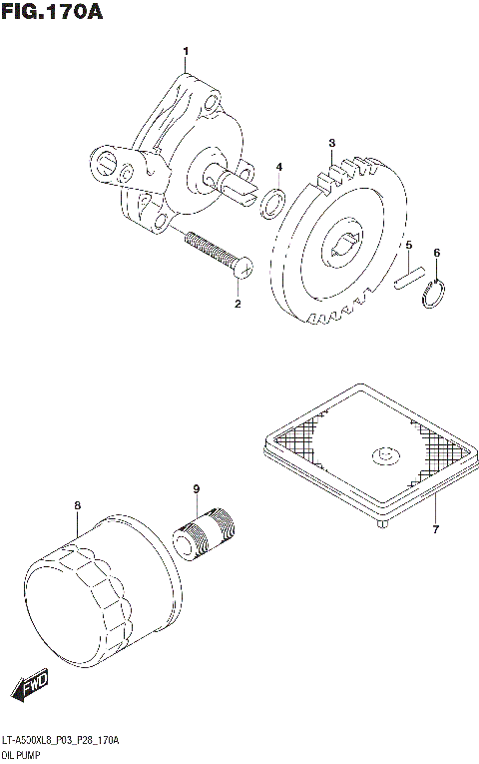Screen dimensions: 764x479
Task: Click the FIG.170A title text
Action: pos(53,13)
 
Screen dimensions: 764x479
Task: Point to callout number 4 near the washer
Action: pos(278,167)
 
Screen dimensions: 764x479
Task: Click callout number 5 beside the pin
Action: pos(408,245)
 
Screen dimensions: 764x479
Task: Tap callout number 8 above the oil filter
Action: pos(77,506)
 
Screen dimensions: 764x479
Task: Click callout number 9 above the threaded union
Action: pos(197,488)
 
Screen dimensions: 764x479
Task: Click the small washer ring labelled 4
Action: pos(271,205)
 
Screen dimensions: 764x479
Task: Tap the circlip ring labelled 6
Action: pos(434,295)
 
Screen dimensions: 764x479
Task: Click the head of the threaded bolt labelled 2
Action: pos(241,267)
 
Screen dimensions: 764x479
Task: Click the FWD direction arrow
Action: pos(29,686)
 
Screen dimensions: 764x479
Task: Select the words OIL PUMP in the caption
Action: pos(27,756)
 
